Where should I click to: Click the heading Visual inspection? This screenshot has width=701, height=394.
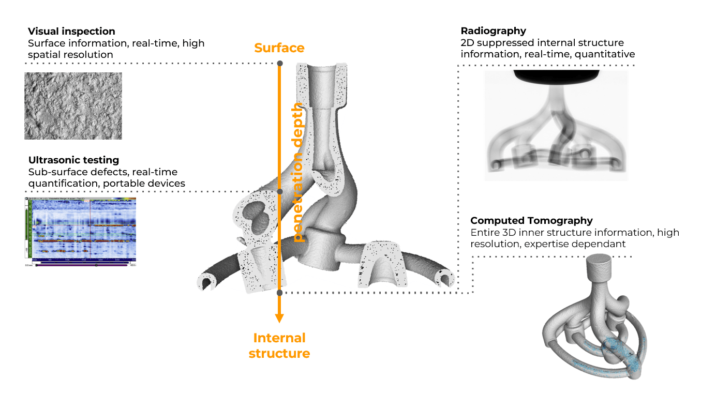pos(71,32)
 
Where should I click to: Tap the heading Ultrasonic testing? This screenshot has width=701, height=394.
pos(73,160)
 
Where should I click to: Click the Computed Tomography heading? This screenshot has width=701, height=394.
pos(531,221)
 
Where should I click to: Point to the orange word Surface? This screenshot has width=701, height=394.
pos(279,48)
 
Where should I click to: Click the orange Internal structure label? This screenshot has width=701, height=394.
pos(279,345)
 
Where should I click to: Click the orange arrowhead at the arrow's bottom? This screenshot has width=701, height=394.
pos(279,317)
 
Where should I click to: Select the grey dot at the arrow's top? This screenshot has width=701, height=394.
pos(280,64)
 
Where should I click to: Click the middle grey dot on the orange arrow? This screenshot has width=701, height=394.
pos(280,192)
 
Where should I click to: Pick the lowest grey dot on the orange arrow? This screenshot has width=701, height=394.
pos(279,293)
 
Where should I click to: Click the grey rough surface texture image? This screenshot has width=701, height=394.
pos(73,105)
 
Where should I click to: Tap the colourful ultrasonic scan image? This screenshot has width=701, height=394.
pos(80,232)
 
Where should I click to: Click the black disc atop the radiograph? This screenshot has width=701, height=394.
pos(556,76)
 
